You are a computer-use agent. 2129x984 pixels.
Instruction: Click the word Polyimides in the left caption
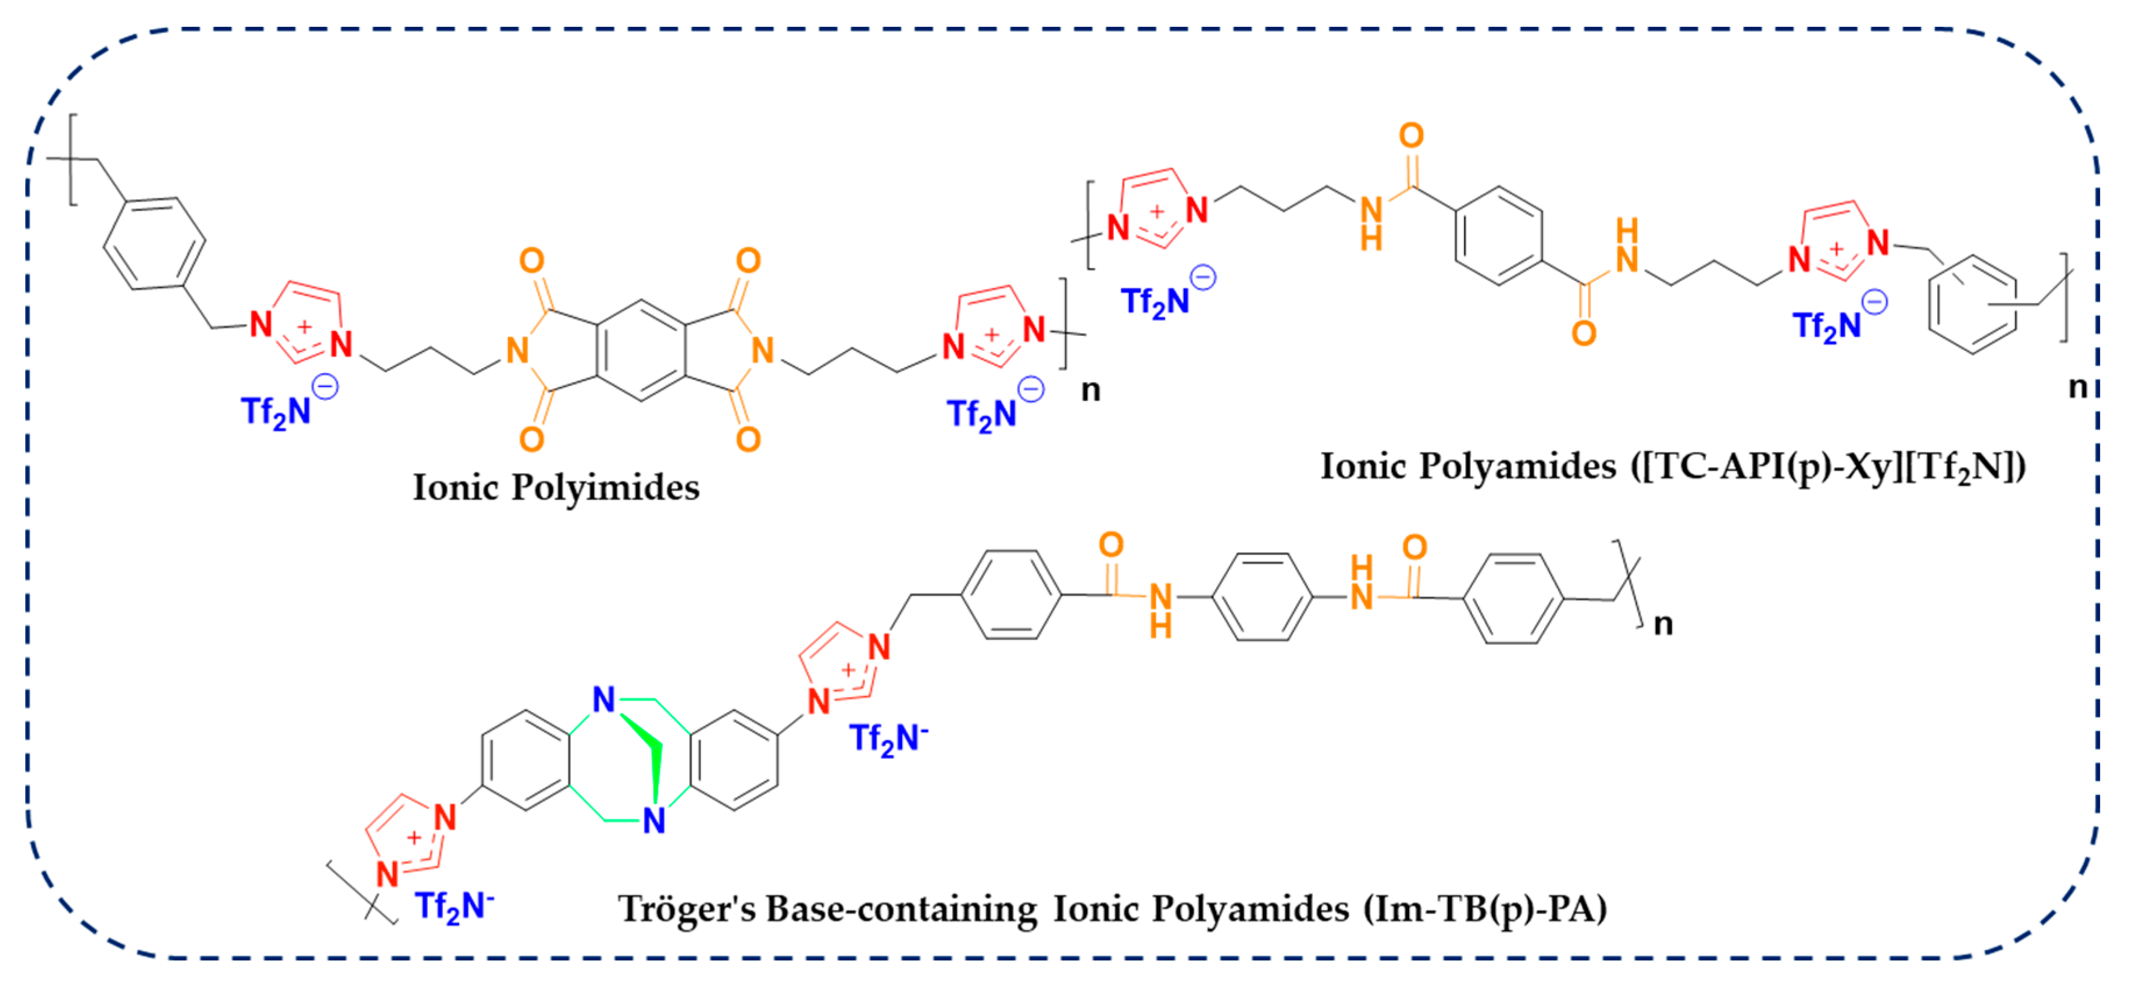605,488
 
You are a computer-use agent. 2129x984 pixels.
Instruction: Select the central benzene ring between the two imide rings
641,351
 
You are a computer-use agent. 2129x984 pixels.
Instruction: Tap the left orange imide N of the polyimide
517,351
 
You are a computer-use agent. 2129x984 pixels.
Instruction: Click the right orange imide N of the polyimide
763,351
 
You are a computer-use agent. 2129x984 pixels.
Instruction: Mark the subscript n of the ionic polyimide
1090,390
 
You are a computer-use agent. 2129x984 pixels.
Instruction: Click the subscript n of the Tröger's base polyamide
1663,624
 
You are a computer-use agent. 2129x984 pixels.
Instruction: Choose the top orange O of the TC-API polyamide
1411,136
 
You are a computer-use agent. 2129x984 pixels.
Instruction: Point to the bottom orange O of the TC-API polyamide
1584,333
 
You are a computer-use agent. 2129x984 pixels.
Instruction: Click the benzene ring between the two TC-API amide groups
1498,236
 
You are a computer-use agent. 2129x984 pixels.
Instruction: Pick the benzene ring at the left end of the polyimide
155,243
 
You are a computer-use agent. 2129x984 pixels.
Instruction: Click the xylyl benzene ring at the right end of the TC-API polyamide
1973,305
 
